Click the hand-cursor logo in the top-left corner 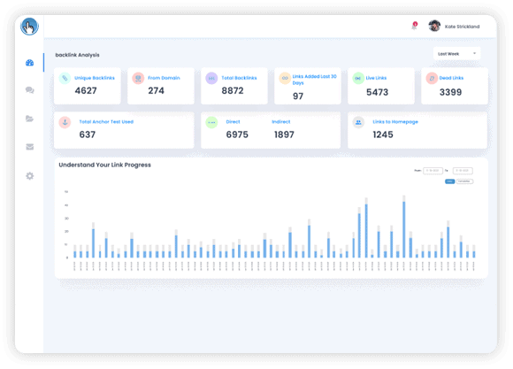pyautogui.click(x=29, y=26)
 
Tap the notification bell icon pyautogui.click(x=414, y=27)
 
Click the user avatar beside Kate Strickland pyautogui.click(x=434, y=27)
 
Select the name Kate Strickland pyautogui.click(x=463, y=27)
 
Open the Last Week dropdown pyautogui.click(x=457, y=53)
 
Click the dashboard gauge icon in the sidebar pyautogui.click(x=30, y=63)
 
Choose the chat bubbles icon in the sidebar pyautogui.click(x=30, y=90)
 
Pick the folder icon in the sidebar pyautogui.click(x=30, y=119)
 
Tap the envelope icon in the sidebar pyautogui.click(x=30, y=147)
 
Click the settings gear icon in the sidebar pyautogui.click(x=30, y=176)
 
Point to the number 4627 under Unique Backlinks pyautogui.click(x=86, y=90)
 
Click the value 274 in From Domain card pyautogui.click(x=156, y=90)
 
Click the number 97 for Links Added pyautogui.click(x=298, y=96)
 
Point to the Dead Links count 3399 pyautogui.click(x=450, y=91)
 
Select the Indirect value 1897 pyautogui.click(x=284, y=135)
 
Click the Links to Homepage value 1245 pyautogui.click(x=383, y=135)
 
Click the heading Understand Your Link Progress pyautogui.click(x=104, y=165)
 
